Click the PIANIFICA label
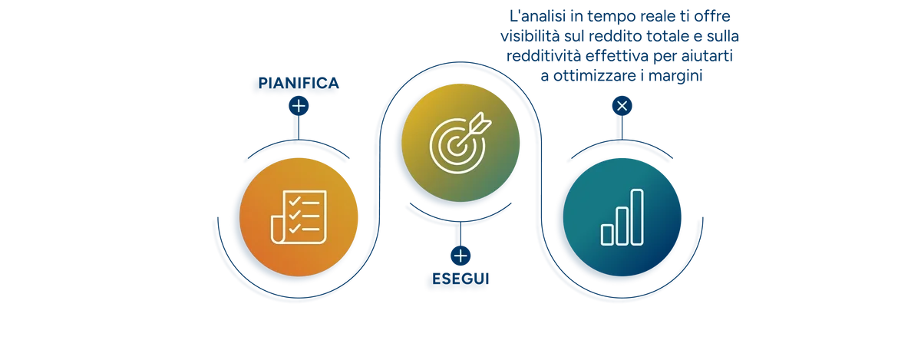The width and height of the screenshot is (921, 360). (299, 83)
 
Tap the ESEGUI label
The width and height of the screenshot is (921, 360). (460, 279)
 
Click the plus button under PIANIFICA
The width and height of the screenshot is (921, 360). (299, 106)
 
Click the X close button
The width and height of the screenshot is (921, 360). (622, 106)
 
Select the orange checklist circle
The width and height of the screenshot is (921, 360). (299, 217)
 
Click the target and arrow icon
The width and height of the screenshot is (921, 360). (460, 142)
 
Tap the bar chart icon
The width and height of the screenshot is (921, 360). (622, 217)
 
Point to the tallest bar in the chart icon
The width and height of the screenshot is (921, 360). (637, 217)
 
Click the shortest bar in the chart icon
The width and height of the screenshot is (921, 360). (607, 235)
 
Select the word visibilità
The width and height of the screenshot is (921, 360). (530, 36)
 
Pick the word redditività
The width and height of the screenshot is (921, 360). (543, 56)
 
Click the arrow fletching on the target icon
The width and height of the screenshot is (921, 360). (482, 122)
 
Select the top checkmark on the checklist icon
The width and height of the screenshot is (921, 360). (295, 201)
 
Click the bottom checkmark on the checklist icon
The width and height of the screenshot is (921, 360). (295, 228)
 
